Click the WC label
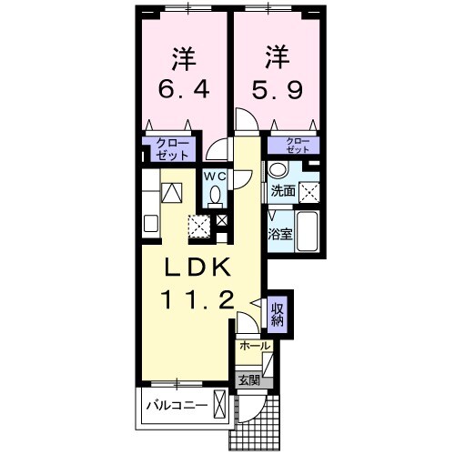[x=214, y=176]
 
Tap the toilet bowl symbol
[x=215, y=195]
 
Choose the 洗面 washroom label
[x=282, y=190]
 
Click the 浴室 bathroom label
[x=278, y=234]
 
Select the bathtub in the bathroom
[x=308, y=233]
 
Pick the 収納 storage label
[x=278, y=313]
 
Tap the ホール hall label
[x=254, y=347]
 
